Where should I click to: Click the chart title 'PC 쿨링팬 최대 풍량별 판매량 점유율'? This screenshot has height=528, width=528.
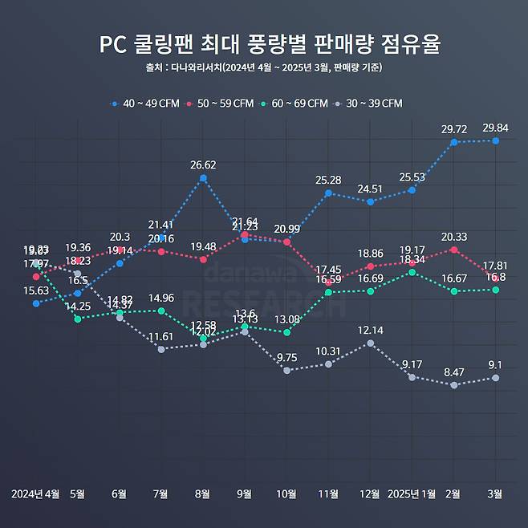coord(264,43)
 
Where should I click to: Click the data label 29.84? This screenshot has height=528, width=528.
coord(495,128)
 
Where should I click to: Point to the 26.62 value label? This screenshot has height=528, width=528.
coord(203,165)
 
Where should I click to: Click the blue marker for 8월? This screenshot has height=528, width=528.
coord(203,178)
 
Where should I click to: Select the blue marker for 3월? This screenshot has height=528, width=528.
coord(496,140)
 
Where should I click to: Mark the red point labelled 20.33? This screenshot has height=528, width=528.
coord(454,250)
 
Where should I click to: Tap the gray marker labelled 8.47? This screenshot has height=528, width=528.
coord(454,385)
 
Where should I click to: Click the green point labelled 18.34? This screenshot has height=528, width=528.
coord(412,272)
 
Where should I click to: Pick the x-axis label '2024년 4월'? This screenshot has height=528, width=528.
coord(36,493)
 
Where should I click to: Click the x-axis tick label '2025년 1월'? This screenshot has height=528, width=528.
coord(412,493)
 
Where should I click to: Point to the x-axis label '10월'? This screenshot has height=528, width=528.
coord(286,493)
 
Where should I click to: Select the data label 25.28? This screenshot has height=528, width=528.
coord(328,180)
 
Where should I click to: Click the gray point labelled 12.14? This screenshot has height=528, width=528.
coord(370,343)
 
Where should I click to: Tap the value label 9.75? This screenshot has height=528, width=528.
coord(286,358)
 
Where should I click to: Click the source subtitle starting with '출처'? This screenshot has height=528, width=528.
coord(264,67)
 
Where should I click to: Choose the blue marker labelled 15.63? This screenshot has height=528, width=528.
coord(36,303)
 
